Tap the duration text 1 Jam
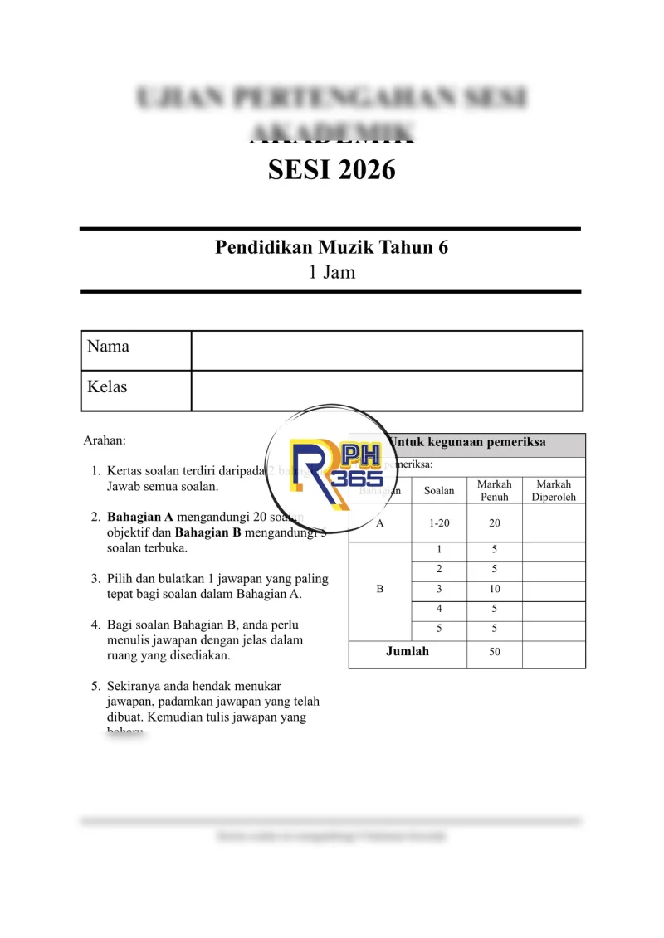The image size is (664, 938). point(331,272)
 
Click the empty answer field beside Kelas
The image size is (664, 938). point(387,390)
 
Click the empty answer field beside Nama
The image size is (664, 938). point(387,349)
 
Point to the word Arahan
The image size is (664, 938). point(105,440)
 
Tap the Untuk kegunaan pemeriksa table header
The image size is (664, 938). point(467,442)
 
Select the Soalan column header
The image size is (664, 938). point(439,490)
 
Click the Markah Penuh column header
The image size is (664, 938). point(495,490)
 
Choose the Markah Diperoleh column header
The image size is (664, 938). point(554,490)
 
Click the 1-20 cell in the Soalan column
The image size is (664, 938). point(439,523)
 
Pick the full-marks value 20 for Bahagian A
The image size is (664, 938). point(495,523)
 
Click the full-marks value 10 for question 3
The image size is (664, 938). point(495,590)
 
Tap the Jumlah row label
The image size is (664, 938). point(408,652)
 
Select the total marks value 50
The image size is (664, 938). point(495,652)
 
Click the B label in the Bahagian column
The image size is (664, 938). point(380,590)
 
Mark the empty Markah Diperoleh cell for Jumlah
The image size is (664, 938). point(554,654)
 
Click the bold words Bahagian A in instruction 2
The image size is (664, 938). point(140,517)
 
